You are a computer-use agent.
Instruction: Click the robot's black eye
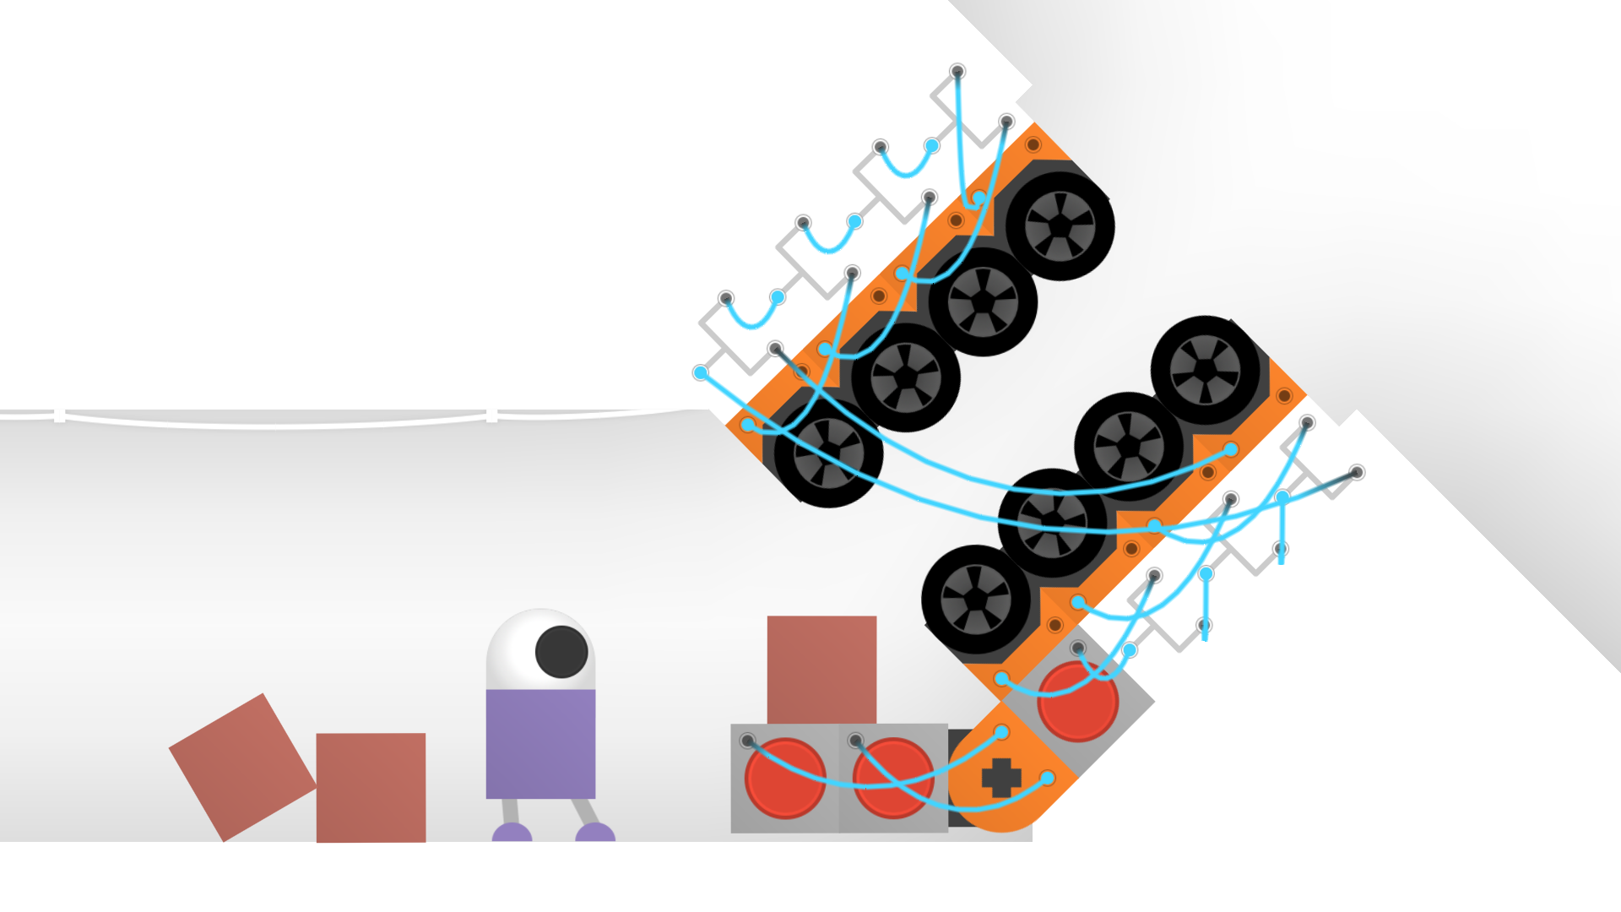click(561, 652)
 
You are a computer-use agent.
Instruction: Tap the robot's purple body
click(540, 743)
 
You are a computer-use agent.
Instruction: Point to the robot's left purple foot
click(512, 833)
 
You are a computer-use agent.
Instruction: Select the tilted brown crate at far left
click(242, 767)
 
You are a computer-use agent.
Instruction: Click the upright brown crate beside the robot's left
click(371, 787)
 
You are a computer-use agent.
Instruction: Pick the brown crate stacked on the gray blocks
click(821, 669)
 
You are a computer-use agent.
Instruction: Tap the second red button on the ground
click(892, 778)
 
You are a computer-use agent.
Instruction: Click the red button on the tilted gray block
click(1077, 702)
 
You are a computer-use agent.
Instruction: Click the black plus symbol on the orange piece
click(1001, 778)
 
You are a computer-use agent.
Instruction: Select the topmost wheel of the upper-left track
click(1060, 226)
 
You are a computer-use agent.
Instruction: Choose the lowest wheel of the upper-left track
click(828, 453)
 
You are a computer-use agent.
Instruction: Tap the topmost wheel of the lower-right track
click(1205, 370)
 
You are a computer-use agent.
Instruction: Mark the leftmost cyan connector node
click(701, 372)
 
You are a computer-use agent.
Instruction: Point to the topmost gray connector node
click(957, 72)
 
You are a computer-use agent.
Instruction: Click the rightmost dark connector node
click(1356, 472)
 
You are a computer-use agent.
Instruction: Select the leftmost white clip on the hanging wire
click(59, 415)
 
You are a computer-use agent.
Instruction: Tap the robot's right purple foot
click(595, 833)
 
